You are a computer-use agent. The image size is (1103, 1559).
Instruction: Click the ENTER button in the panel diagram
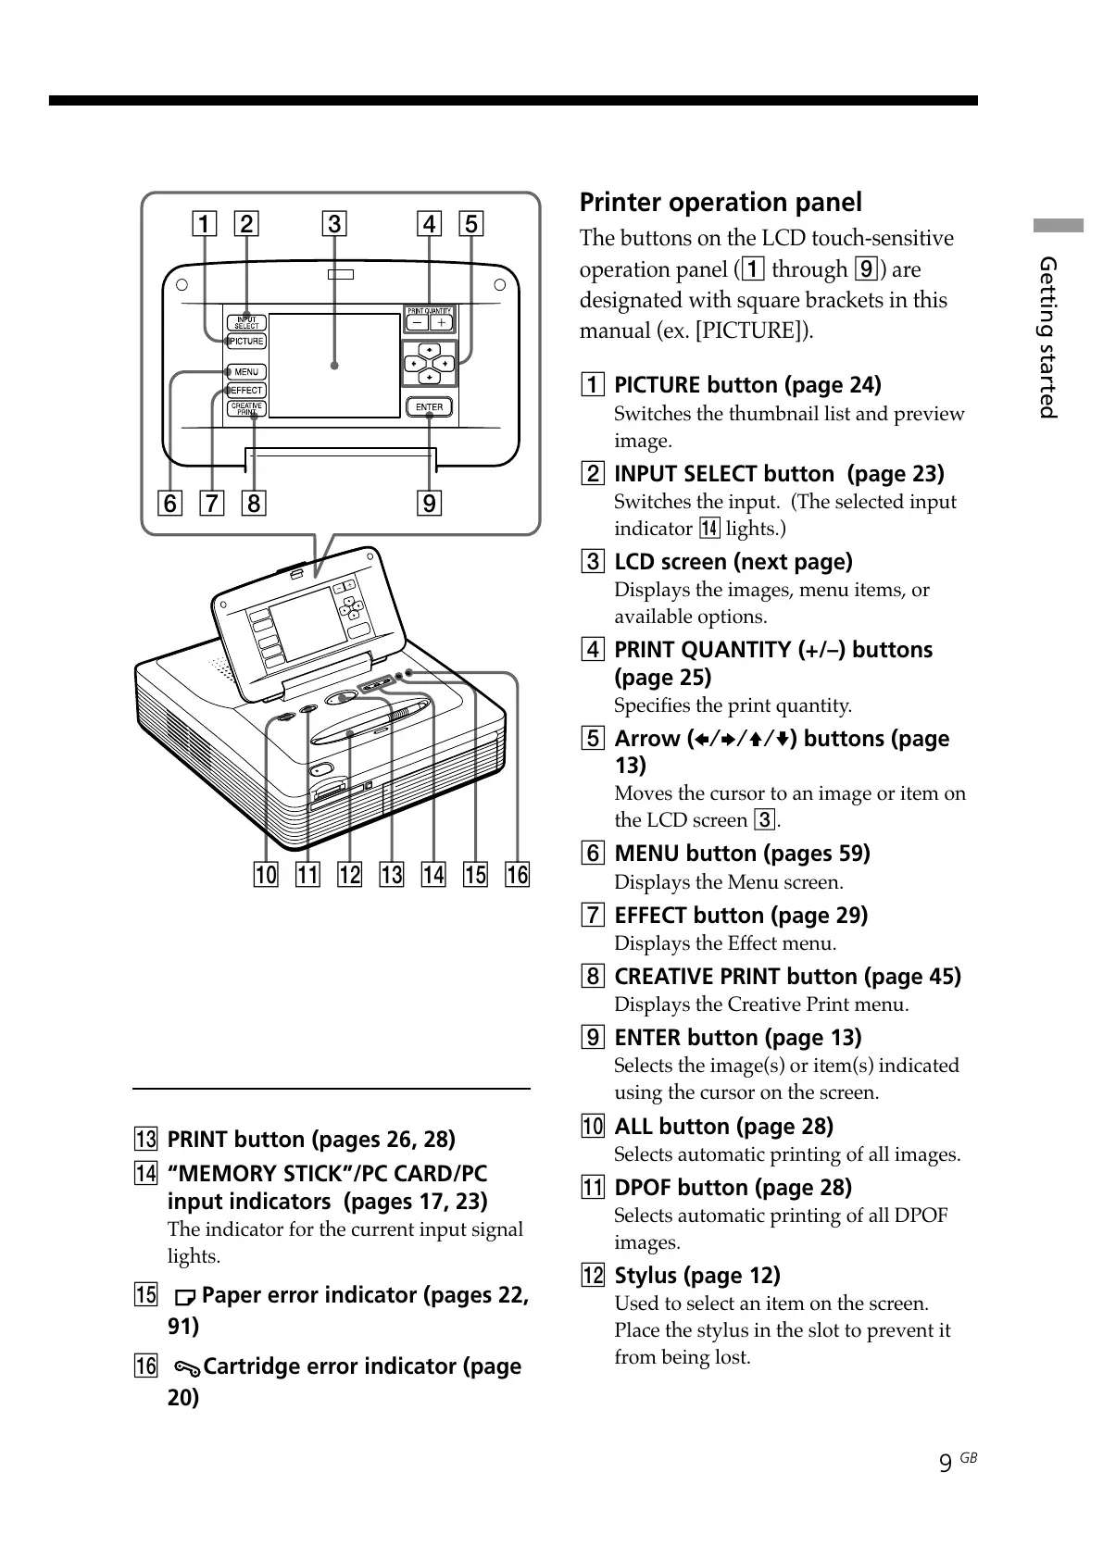point(430,406)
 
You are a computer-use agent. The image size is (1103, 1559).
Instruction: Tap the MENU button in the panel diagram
point(246,372)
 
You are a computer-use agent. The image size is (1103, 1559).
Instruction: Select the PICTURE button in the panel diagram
point(246,342)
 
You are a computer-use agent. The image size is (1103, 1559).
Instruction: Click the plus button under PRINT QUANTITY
point(442,323)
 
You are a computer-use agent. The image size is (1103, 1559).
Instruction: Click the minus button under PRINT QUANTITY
point(418,323)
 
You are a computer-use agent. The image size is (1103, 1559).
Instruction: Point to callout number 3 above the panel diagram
point(334,224)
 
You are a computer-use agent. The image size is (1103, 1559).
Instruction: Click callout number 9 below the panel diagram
point(429,504)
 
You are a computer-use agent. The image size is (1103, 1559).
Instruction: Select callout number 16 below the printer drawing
point(517,874)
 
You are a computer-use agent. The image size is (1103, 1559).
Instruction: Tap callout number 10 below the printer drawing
point(266,874)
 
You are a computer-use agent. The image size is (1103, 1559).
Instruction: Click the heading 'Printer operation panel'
point(721,203)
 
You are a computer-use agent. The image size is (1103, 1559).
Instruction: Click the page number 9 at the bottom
point(945,1463)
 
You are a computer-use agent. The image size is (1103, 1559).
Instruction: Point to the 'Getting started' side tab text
point(1047,337)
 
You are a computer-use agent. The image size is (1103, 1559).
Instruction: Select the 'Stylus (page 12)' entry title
point(696,1276)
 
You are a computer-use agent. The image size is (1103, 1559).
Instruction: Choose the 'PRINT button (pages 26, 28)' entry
point(311,1140)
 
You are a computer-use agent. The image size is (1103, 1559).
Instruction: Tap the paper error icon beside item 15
point(185,1297)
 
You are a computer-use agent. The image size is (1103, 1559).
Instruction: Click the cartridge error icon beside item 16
point(186,1368)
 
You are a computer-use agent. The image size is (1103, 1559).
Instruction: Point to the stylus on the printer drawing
point(370,723)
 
